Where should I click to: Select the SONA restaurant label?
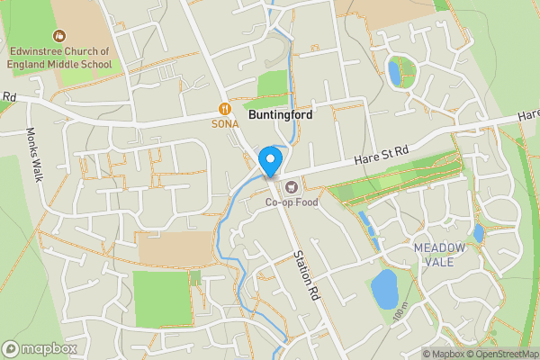[x=224, y=123]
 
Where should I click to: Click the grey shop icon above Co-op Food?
[x=291, y=187]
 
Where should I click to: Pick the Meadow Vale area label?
[x=440, y=254]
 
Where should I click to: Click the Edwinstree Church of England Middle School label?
[x=62, y=58]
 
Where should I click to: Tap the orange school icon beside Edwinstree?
[x=60, y=36]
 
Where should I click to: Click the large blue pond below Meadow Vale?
[x=385, y=289]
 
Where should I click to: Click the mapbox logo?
[x=40, y=348]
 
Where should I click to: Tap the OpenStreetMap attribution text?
[x=503, y=354]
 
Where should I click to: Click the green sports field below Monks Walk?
[x=162, y=297]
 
